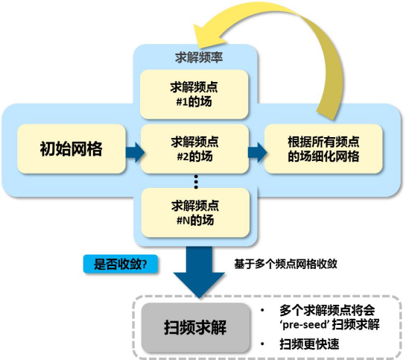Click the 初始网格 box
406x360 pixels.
coord(71,148)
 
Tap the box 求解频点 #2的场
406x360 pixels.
coord(196,149)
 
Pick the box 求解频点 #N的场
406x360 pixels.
coord(196,212)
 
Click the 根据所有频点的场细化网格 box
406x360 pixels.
coord(323,149)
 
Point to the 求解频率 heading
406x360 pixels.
coord(195,57)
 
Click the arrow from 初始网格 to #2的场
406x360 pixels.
coord(134,152)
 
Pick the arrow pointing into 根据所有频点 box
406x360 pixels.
coord(257,152)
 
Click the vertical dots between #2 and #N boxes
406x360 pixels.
coord(196,181)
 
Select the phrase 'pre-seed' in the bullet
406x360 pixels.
coord(302,326)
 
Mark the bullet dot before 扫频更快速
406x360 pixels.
coord(264,344)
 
